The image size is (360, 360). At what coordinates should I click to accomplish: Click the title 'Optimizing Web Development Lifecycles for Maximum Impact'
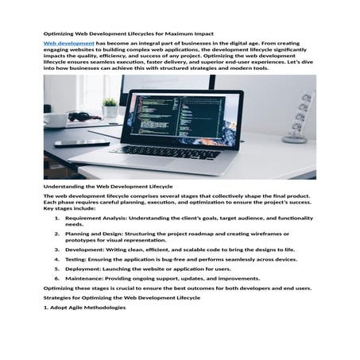point(128,34)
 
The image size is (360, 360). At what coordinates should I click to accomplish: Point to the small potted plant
point(110,106)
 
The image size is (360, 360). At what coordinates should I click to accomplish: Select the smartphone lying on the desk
point(82,143)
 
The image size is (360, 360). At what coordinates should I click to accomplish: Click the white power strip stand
point(298,117)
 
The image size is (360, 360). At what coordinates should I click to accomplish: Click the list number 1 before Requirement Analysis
point(57,218)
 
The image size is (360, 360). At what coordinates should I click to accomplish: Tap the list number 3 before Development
point(57,250)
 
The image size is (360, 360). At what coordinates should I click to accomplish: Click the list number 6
point(57,279)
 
